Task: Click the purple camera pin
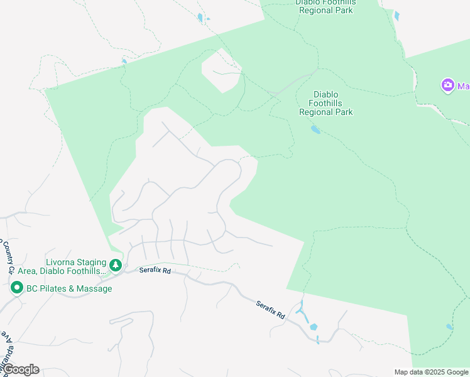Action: (x=447, y=85)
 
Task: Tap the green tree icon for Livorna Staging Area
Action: (x=115, y=266)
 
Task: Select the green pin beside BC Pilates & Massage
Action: (x=16, y=288)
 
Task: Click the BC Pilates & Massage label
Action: (x=69, y=289)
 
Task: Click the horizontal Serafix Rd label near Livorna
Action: (x=155, y=270)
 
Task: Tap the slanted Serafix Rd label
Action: (x=271, y=309)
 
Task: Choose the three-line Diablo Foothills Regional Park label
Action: (x=325, y=104)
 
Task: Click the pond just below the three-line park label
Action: (x=315, y=130)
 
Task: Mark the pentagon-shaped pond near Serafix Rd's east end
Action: (x=313, y=327)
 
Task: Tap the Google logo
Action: (x=20, y=369)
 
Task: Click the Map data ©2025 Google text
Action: (x=431, y=372)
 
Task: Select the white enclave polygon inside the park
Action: (x=221, y=71)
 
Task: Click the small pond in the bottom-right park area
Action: (x=449, y=327)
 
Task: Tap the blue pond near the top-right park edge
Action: (x=396, y=16)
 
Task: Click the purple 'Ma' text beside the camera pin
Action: (x=463, y=86)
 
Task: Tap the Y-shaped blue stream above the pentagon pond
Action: (x=302, y=312)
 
